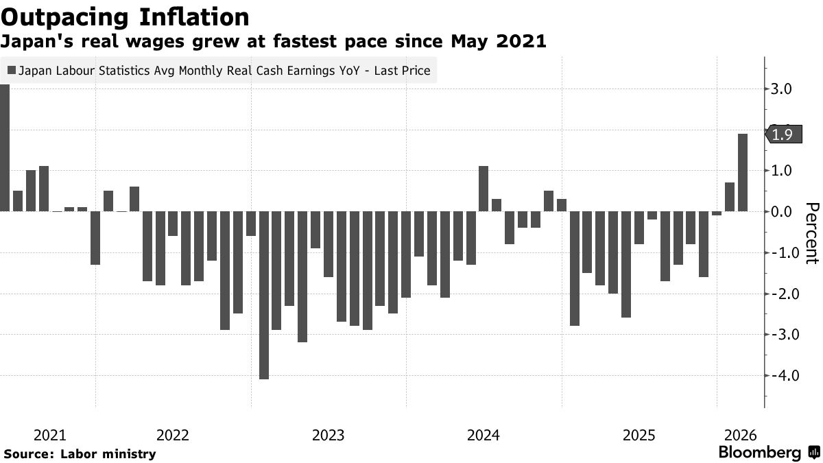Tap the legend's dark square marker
pos(12,70)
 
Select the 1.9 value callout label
pos(782,134)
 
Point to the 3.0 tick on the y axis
pos(783,89)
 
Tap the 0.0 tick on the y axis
pos(783,212)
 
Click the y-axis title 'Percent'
pos(812,233)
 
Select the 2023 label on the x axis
pos(329,436)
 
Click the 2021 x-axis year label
pos(49,436)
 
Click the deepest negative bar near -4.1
pos(264,295)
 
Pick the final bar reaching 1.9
pos(743,172)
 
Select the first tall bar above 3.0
pos(5,147)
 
